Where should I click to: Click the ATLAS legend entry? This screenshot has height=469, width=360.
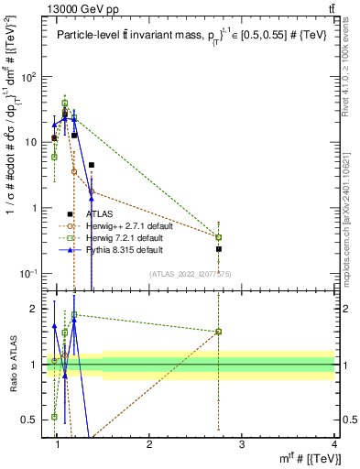[101, 213]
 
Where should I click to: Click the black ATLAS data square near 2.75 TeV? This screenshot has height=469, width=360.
[219, 248]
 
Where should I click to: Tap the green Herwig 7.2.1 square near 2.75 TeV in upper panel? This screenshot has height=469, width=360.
[219, 237]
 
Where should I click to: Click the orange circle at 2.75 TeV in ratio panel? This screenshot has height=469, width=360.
[219, 332]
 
